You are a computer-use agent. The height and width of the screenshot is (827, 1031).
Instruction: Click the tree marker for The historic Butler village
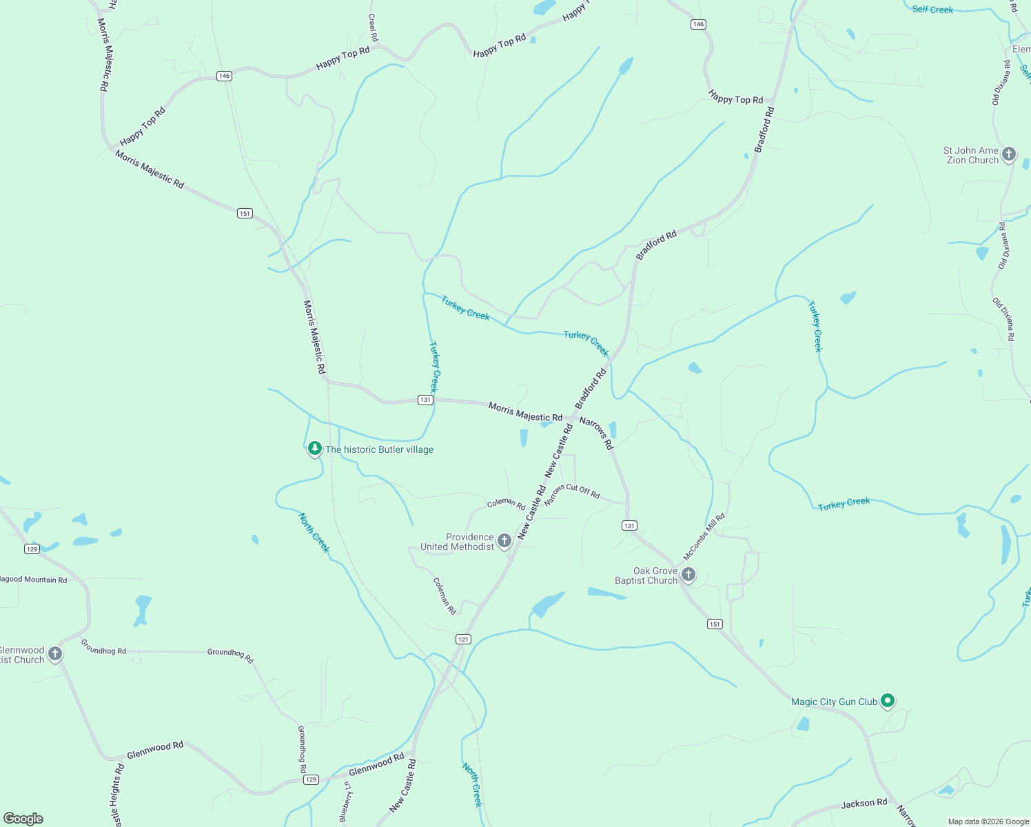(315, 449)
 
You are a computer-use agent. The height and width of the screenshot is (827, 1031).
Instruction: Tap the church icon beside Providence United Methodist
(504, 540)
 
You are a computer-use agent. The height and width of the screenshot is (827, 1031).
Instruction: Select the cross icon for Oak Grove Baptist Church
(688, 574)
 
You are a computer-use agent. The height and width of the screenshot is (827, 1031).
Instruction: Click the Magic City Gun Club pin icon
(888, 701)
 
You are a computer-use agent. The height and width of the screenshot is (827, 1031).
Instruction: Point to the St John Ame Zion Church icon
(1009, 154)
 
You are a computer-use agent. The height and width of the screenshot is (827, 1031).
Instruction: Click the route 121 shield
(463, 640)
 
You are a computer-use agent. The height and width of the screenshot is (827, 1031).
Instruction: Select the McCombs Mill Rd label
(704, 536)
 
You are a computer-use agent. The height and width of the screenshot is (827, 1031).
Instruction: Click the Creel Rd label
(373, 28)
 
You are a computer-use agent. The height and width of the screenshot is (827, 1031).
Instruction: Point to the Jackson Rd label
(864, 804)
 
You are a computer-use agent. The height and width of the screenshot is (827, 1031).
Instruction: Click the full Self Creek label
(932, 10)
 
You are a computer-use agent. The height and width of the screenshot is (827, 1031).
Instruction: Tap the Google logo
(23, 819)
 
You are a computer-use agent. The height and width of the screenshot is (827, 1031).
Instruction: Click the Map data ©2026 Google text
(988, 821)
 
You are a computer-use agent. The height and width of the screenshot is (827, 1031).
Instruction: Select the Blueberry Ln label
(346, 802)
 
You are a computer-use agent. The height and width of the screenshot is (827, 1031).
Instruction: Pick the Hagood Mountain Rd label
(33, 580)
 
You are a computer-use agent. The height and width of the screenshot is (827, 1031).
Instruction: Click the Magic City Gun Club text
(834, 702)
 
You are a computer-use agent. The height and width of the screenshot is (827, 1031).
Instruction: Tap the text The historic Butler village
(379, 449)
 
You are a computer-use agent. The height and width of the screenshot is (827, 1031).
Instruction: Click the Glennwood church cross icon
(55, 653)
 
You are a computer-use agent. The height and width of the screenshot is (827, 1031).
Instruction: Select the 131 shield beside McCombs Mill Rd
(629, 526)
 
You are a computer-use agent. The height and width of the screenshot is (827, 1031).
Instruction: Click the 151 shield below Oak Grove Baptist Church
(715, 624)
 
